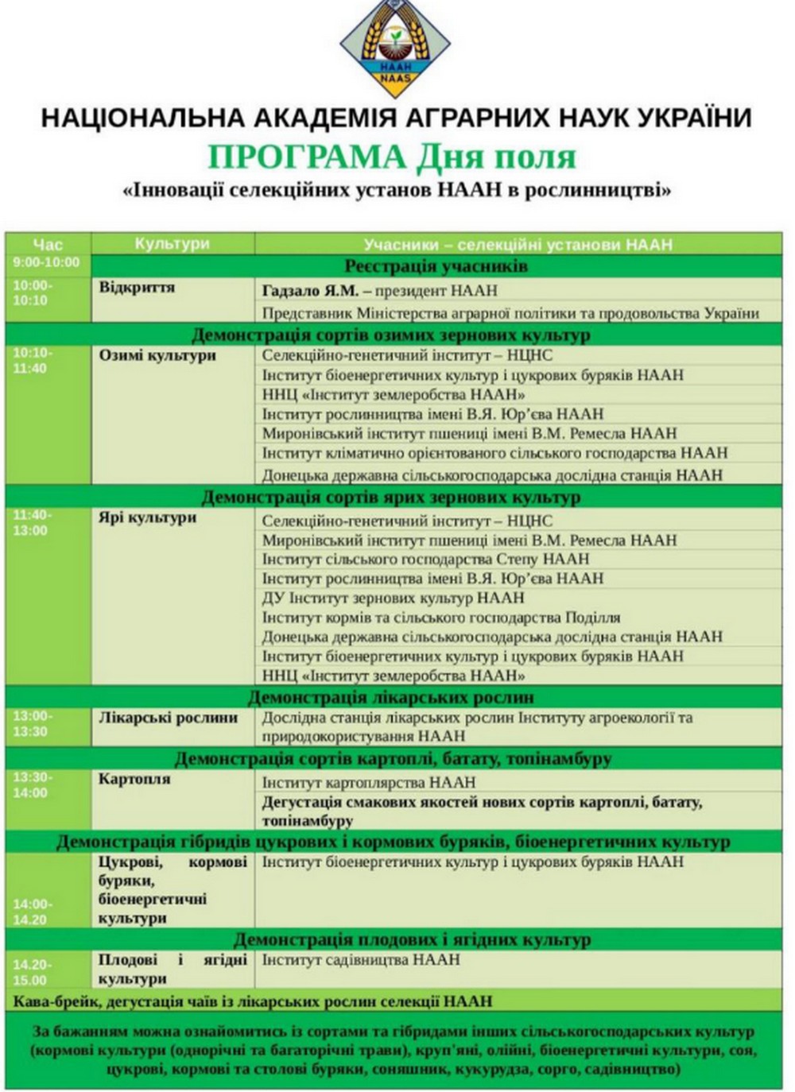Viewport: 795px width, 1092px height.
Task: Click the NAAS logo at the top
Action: click(395, 46)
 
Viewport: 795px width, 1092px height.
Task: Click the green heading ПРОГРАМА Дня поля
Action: click(391, 157)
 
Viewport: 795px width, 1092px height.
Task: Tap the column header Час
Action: click(48, 243)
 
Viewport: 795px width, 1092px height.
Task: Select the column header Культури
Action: click(172, 243)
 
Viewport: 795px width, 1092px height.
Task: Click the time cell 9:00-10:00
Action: click(46, 262)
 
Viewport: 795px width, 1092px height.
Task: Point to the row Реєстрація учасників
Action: click(436, 265)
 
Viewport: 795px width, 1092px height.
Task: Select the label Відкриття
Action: click(137, 288)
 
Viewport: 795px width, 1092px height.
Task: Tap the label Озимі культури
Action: click(157, 355)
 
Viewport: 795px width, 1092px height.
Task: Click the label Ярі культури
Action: click(147, 517)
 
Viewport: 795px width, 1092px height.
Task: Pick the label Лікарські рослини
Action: click(168, 718)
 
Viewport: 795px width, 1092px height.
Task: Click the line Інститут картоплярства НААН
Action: click(369, 783)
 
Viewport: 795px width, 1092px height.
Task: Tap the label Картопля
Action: click(134, 779)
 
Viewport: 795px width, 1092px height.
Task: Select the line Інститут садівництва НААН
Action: click(361, 960)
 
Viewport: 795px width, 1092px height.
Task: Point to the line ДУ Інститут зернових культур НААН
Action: click(393, 598)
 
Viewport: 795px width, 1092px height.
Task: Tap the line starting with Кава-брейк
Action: click(253, 1001)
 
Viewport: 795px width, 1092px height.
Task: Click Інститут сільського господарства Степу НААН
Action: click(425, 560)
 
